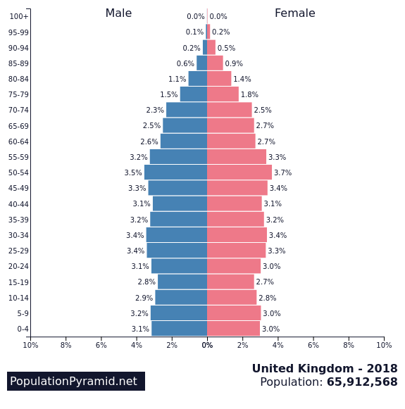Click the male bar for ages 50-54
point(175,172)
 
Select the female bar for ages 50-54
point(239,172)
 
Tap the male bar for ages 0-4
point(179,329)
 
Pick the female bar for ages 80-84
point(219,79)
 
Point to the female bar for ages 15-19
point(230,282)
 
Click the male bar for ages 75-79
point(194,94)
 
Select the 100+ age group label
point(19,16)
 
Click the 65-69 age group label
point(18,126)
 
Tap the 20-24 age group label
point(18,266)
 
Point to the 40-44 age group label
point(18,204)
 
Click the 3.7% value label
point(282,172)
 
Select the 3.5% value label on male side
point(133,172)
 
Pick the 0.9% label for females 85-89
point(234,63)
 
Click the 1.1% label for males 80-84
point(177,79)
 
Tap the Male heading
point(118,13)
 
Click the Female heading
point(294,13)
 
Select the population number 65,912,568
point(362,382)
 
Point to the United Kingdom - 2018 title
point(325,369)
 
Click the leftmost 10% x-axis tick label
point(30,345)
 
